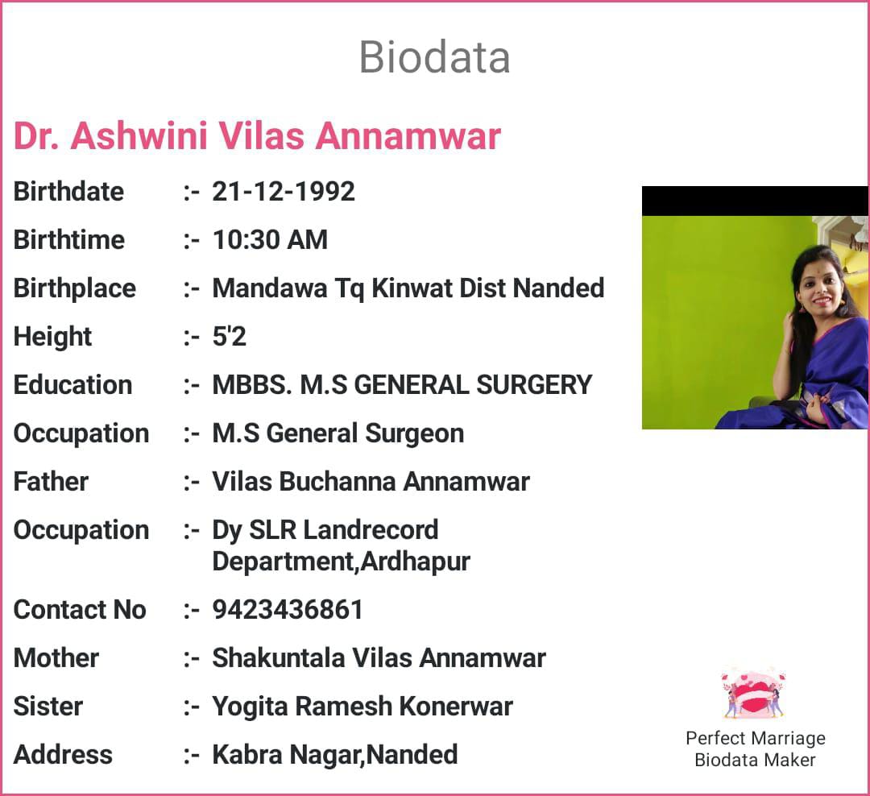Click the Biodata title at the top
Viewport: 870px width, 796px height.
click(434, 56)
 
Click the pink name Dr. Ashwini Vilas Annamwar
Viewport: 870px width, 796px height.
click(257, 135)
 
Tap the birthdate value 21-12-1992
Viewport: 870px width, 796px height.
click(284, 192)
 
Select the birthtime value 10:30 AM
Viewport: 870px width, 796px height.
click(270, 240)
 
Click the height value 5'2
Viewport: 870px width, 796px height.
click(229, 337)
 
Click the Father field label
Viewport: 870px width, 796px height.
click(51, 481)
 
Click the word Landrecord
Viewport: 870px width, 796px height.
click(371, 529)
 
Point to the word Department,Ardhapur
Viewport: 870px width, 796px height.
click(342, 562)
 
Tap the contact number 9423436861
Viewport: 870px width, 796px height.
click(288, 610)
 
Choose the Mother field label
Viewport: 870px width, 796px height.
click(56, 657)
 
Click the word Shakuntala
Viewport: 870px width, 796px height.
click(279, 657)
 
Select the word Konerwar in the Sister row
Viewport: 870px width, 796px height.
click(456, 706)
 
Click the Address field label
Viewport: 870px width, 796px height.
click(63, 754)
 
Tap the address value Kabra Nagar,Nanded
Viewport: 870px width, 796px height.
click(335, 755)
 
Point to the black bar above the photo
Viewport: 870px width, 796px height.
click(755, 201)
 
